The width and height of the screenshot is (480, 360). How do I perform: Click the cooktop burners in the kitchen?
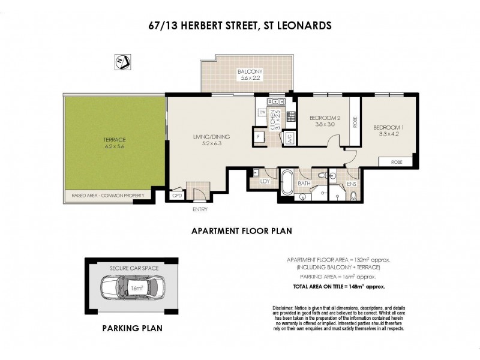292,115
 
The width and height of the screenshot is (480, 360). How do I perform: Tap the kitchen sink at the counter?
271,101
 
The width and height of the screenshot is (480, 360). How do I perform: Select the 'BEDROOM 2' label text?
325,118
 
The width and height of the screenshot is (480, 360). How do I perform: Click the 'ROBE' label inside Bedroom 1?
397,161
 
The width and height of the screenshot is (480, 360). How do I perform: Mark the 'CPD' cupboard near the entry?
177,195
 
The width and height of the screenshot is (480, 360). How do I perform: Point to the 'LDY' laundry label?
264,181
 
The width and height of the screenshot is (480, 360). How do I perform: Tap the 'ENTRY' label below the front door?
200,209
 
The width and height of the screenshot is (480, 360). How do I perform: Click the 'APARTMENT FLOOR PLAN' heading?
237,230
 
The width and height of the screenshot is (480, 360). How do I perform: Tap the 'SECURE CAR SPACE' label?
132,268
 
